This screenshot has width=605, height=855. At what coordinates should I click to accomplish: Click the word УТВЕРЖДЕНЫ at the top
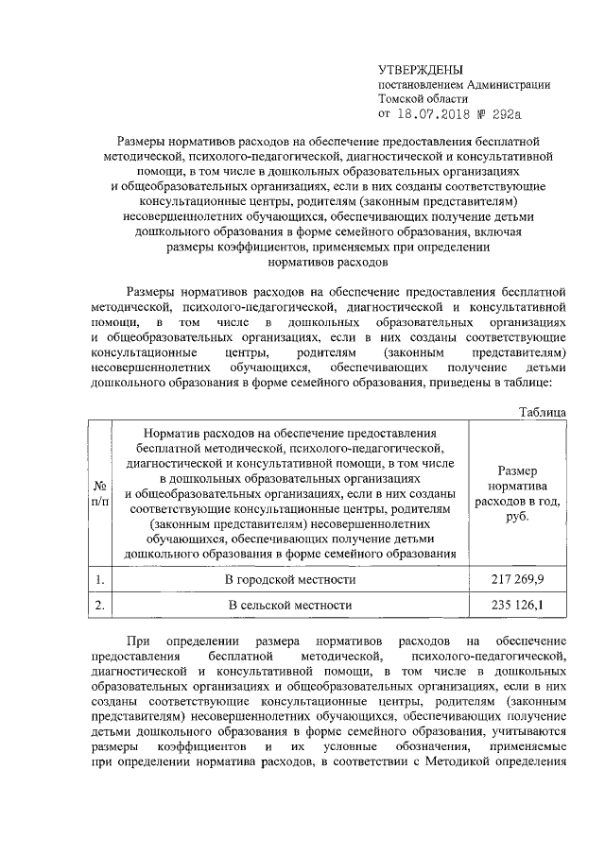[x=420, y=70]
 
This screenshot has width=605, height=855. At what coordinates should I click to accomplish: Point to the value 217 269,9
[x=517, y=577]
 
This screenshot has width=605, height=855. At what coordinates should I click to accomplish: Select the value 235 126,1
[x=517, y=604]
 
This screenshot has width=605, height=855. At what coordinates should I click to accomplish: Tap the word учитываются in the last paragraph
[x=528, y=731]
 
